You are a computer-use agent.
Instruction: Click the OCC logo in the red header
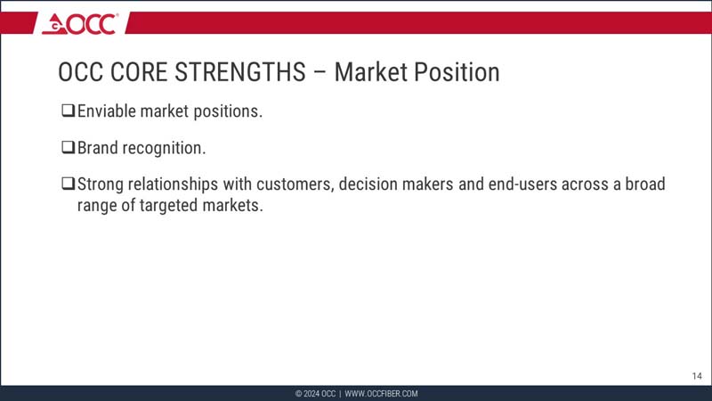coord(80,23)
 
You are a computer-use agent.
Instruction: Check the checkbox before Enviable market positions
coord(68,111)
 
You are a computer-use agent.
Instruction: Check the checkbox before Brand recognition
coord(68,147)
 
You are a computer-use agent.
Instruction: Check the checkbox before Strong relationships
coord(68,184)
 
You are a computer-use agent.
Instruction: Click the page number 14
coord(697,376)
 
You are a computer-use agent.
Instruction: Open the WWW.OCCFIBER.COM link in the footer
coord(381,394)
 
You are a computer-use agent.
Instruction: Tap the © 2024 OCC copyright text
coord(315,394)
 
